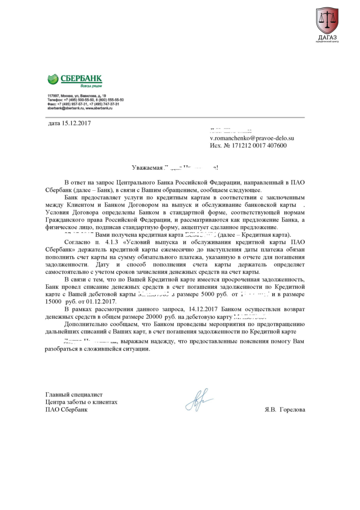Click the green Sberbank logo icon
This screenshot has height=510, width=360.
[53, 79]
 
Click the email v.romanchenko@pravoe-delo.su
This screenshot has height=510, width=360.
[252, 138]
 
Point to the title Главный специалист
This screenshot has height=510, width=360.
[74, 394]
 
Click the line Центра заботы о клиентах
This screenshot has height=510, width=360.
[81, 402]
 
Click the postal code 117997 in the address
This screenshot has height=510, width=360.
[53, 96]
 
